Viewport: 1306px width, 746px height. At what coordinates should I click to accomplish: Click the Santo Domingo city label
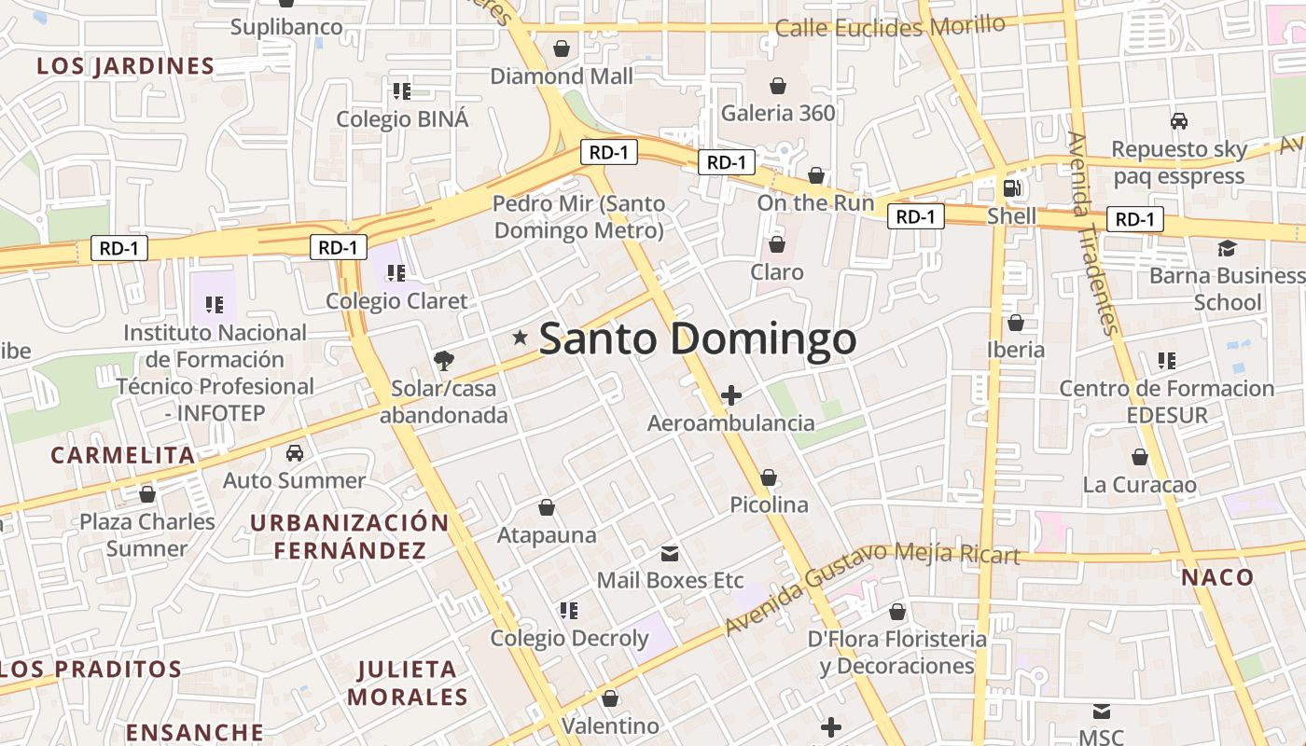click(x=698, y=338)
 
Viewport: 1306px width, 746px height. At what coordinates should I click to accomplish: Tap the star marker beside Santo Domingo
click(x=521, y=338)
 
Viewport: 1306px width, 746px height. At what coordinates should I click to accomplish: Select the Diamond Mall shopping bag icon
click(x=562, y=48)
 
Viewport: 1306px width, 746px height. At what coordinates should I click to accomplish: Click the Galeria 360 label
click(x=778, y=114)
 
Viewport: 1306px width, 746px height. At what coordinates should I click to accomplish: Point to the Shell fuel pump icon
click(x=1011, y=188)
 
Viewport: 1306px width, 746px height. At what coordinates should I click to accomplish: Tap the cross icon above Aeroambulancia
click(x=731, y=395)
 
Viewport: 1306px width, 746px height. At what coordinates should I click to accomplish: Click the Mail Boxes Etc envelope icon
click(x=670, y=553)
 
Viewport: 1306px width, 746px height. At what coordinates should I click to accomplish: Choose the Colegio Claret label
click(x=396, y=301)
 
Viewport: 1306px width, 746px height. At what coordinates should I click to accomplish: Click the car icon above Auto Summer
click(x=295, y=453)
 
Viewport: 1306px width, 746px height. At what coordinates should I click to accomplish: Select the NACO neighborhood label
click(x=1217, y=577)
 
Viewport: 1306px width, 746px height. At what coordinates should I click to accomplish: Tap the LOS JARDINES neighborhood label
click(x=126, y=66)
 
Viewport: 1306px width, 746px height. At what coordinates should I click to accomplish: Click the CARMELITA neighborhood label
click(x=123, y=455)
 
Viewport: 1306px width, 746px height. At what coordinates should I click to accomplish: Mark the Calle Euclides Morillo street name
click(x=890, y=27)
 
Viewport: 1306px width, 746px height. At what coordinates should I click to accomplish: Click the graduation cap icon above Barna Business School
click(x=1226, y=248)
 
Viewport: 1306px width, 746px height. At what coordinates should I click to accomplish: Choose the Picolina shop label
click(x=769, y=504)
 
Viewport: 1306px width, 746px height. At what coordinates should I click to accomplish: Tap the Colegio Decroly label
click(x=569, y=639)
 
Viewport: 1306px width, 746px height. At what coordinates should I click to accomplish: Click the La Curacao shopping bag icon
click(x=1139, y=457)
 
